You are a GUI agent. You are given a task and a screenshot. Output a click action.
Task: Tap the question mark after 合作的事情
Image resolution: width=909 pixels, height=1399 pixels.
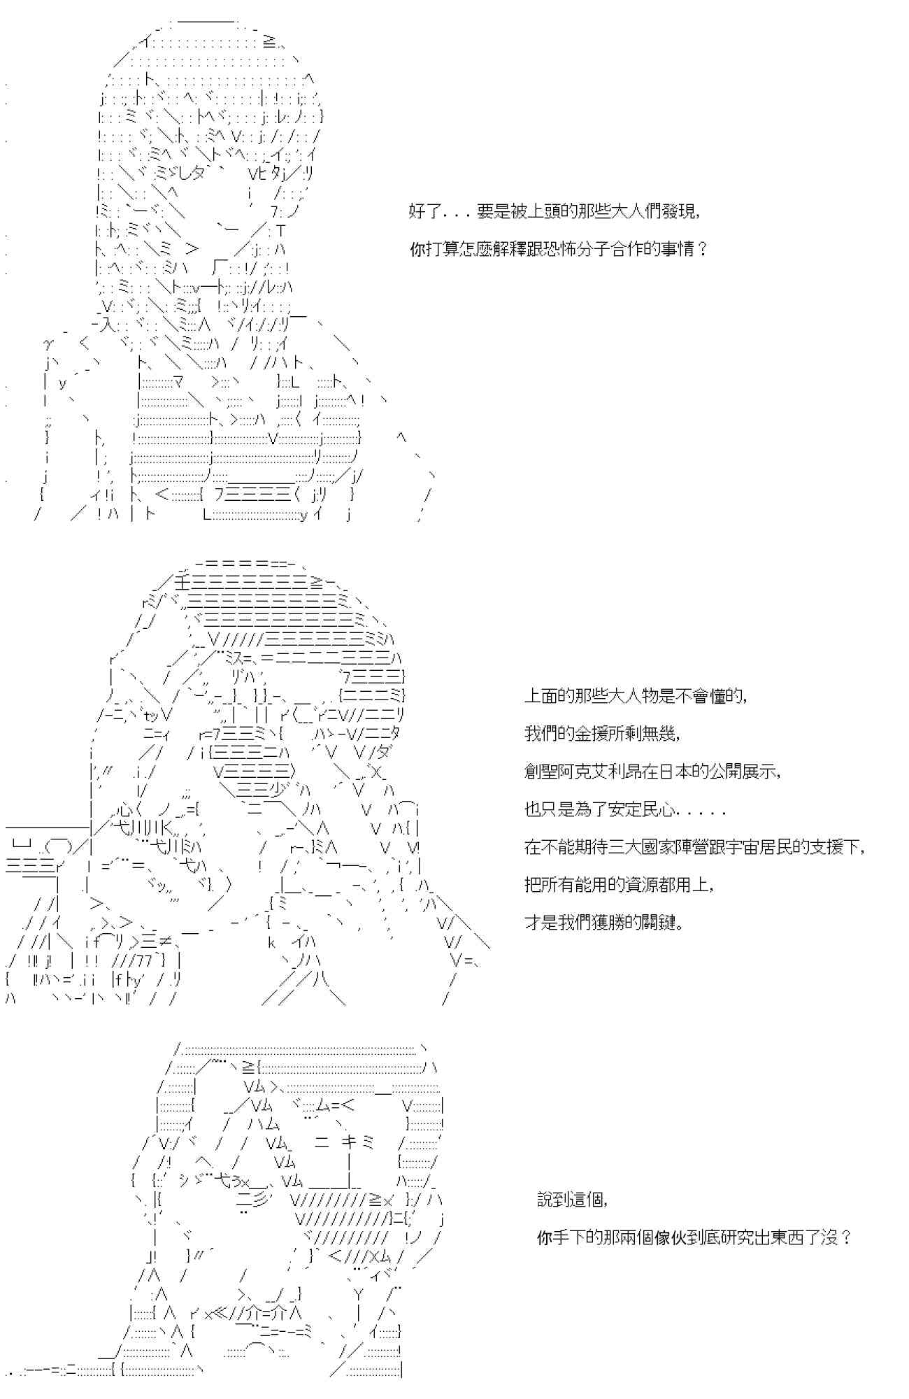[x=703, y=249]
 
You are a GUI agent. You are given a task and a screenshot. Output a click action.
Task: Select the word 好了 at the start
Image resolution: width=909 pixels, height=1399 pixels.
[x=425, y=211]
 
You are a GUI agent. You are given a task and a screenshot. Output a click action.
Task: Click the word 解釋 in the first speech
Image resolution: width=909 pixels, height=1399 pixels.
[x=519, y=249]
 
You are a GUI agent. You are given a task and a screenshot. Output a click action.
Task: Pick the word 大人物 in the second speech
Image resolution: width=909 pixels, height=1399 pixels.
[x=617, y=697]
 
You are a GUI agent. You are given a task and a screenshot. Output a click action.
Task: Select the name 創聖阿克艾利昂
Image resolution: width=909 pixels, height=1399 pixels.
[x=582, y=772]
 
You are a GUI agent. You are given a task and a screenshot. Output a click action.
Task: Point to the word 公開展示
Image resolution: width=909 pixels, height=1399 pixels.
[x=742, y=772]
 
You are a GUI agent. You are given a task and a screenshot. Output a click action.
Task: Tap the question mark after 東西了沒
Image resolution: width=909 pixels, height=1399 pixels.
[x=846, y=1238]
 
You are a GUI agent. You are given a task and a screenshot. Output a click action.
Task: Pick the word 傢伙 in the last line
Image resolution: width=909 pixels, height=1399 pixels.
[x=662, y=1238]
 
